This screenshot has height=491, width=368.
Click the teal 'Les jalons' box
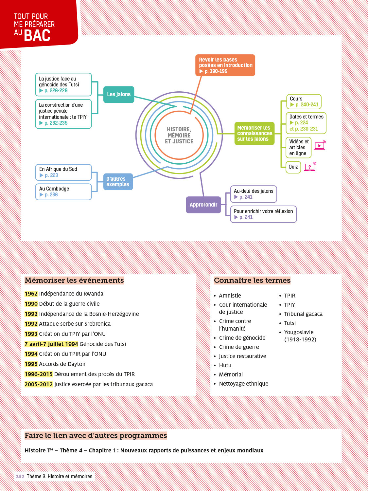tap(119, 95)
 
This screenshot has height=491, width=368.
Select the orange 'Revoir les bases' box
tap(225, 65)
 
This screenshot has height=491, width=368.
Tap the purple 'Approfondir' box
tap(203, 205)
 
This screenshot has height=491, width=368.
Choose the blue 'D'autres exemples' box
tap(118, 182)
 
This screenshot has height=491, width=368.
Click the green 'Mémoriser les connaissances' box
tap(254, 133)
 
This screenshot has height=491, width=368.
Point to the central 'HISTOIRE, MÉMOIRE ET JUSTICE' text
tap(179, 135)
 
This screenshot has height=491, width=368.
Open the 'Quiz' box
tap(293, 167)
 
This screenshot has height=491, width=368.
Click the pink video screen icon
tap(320, 146)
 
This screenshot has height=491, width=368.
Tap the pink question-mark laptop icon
tap(310, 167)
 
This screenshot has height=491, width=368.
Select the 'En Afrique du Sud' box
tap(63, 172)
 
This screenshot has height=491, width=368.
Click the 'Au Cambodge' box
tap(63, 191)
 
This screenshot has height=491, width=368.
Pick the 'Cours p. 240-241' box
tap(304, 101)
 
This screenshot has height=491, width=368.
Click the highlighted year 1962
tap(31, 294)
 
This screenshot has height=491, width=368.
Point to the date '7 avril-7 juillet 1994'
tap(51, 344)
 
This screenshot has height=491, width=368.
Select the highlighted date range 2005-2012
tap(39, 384)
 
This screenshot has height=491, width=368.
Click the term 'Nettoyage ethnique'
tap(244, 384)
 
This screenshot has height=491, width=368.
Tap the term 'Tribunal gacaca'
tap(303, 314)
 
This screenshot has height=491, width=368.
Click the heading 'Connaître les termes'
tap(252, 280)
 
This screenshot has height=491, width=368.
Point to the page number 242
tap(20, 477)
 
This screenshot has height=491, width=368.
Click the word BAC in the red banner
tap(37, 36)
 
